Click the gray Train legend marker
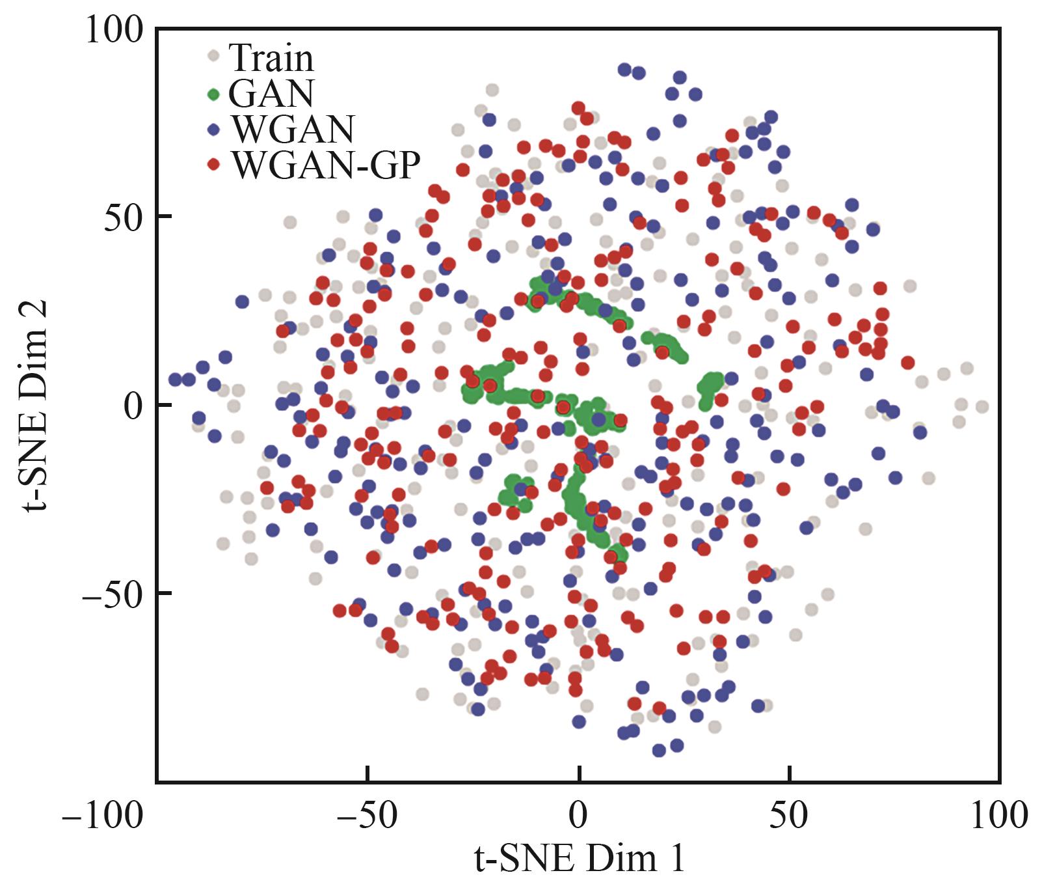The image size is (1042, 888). (x=213, y=57)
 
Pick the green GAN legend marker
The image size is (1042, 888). (x=213, y=94)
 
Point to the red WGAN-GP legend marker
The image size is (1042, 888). (x=213, y=165)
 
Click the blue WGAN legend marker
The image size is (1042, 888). (x=213, y=130)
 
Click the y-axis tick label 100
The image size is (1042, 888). (x=113, y=30)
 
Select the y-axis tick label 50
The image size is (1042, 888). (x=124, y=216)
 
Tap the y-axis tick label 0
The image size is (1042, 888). (x=134, y=405)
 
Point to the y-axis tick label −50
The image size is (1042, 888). (x=112, y=594)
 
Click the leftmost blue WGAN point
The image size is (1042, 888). (x=175, y=379)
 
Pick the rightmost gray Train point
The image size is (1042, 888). (x=982, y=407)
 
